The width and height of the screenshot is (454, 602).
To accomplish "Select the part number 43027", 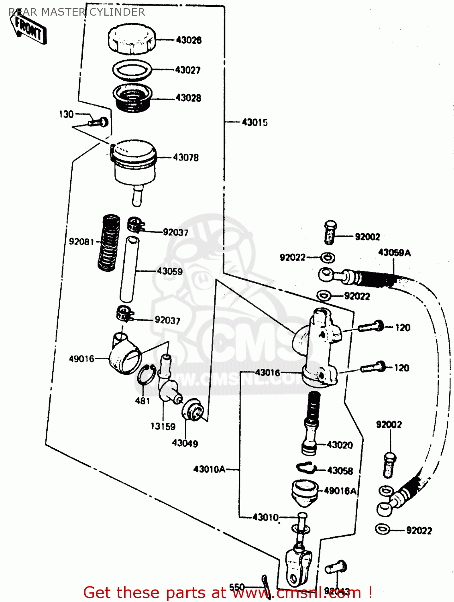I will pos(187,70).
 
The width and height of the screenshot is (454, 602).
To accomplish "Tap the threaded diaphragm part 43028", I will pos(132,98).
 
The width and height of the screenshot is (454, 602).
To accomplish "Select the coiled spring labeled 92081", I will pos(109,242).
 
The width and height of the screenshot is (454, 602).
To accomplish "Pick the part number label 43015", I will pos(254,122).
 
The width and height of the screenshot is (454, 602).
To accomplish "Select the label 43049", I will pos(185,443).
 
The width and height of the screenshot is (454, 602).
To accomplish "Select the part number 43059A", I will pos(394,253).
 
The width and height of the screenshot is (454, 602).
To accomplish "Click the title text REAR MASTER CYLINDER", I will pos(77,12).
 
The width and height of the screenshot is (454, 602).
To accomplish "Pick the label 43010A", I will pos(209,469).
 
